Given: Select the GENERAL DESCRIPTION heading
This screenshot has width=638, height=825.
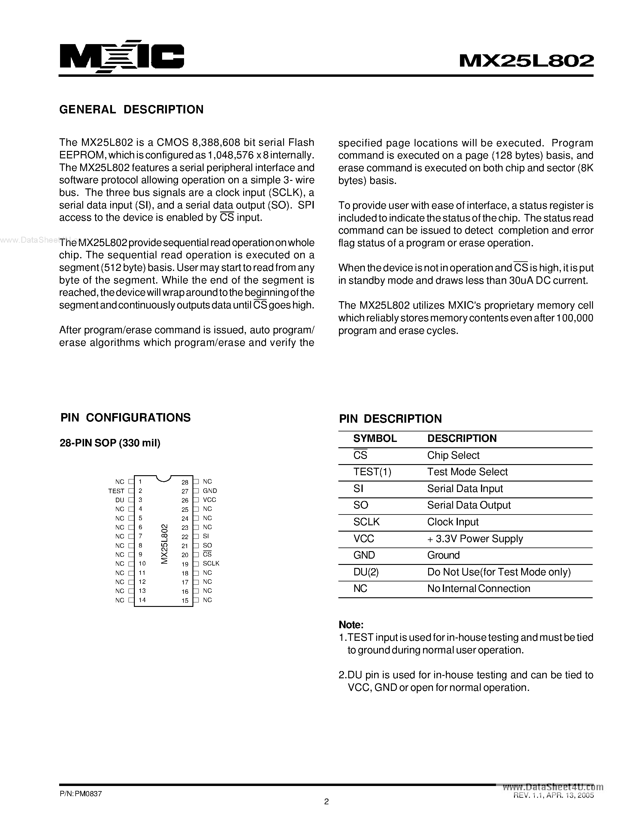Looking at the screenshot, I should (131, 109).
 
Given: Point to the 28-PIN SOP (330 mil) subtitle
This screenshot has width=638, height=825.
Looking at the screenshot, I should (110, 443).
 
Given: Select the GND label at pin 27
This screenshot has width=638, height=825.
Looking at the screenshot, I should (210, 491).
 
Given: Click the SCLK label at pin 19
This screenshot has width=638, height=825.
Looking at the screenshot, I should (211, 563).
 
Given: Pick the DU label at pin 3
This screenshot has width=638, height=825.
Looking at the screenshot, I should (120, 500).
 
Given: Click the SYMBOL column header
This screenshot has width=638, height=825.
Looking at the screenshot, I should (375, 438).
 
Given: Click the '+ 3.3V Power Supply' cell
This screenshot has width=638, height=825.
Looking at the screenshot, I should (475, 539).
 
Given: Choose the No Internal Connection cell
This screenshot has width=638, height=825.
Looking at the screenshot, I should (479, 589).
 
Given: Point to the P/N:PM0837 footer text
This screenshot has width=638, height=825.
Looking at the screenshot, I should (80, 793).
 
